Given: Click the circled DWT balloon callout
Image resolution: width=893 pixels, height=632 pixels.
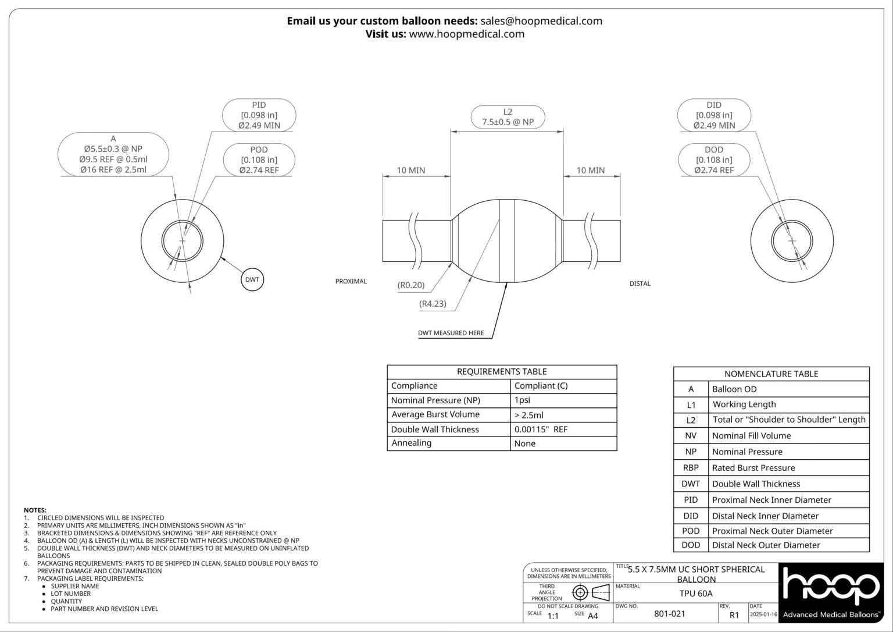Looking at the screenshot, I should coord(252,280).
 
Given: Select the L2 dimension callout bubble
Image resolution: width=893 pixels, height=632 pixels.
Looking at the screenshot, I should coord(508,117).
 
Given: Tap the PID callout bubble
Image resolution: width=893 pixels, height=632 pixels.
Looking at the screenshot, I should coord(259,115).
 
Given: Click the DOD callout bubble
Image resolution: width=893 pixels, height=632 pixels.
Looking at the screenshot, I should coord(714,160).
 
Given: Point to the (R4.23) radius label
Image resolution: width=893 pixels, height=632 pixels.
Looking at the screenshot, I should coord(433,303).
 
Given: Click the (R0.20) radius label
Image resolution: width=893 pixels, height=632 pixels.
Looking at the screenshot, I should coord(410,285).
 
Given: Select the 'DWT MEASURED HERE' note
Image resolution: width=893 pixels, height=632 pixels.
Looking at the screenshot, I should coord(451,333).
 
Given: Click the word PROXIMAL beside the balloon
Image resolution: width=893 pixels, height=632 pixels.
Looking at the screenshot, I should coord(351,282).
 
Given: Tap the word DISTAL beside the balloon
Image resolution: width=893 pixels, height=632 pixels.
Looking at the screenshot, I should coord(640,284).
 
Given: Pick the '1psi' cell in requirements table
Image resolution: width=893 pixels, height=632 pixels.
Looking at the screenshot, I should coord(522,400).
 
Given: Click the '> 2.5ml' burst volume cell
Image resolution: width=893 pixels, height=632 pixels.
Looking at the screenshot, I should coord(528,415).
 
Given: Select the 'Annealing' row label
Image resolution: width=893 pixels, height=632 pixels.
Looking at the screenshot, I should coord(411,443).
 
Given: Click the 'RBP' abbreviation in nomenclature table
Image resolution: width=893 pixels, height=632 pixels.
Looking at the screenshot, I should coord(691,468).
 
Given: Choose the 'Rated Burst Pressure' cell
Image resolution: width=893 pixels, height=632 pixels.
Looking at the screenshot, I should coord(753,468).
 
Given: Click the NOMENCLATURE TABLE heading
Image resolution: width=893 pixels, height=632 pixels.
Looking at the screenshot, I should coord(771,374).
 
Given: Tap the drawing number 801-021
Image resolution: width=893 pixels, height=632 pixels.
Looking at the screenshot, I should coord(669,614).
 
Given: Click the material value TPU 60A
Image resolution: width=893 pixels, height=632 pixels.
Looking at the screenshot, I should coord(696,594).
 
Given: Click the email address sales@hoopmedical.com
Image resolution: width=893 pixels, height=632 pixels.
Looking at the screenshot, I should coord(541,21).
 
